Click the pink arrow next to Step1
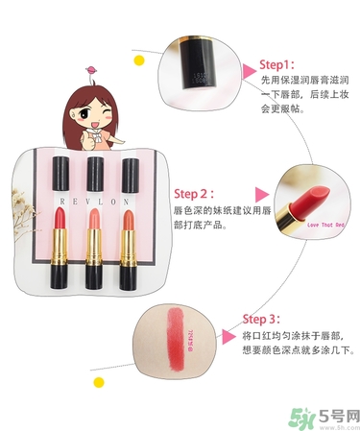[x=248, y=69]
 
